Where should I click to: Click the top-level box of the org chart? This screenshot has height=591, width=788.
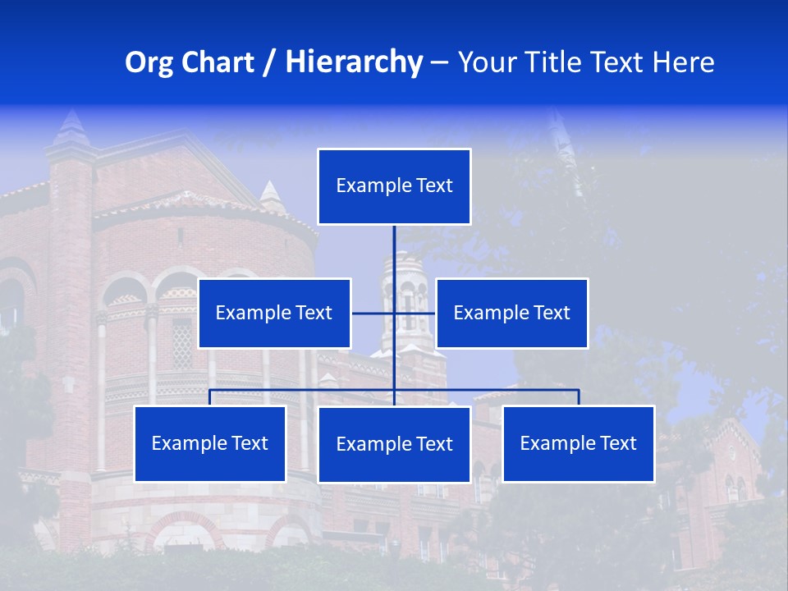394,186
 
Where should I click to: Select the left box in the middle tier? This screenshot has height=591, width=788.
274,313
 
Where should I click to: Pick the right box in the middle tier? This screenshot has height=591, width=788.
511,313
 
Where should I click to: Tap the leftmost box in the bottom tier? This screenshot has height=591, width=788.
210,443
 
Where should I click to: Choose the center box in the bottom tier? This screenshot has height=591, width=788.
394,444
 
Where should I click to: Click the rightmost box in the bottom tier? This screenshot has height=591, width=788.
579,443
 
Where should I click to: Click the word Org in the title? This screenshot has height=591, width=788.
148,62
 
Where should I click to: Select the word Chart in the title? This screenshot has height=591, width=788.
215,62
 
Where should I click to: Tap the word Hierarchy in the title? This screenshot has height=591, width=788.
353,62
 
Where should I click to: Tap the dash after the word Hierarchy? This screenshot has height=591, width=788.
439,63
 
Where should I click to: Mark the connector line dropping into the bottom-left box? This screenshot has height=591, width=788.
210,397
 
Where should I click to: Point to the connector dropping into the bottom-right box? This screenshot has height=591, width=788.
579,397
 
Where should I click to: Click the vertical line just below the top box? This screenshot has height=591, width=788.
394,246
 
